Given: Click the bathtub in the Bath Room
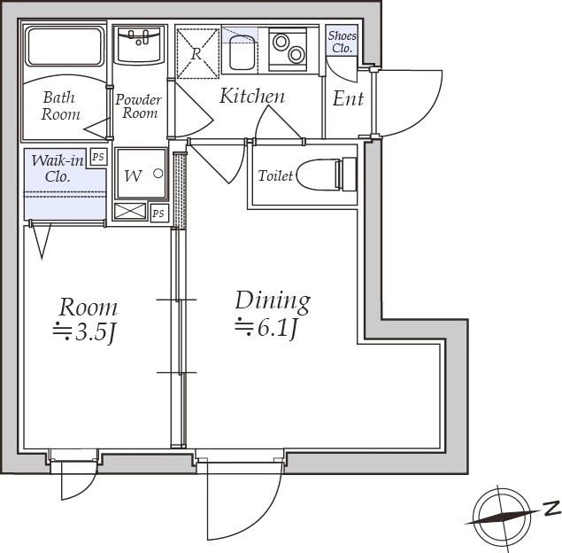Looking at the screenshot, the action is coord(65,47).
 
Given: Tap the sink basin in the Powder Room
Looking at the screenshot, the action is coord(139,45).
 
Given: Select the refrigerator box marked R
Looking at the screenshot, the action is coord(197,53).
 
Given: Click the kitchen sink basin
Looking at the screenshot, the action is coord(243,51).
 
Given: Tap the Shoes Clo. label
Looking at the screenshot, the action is coord(343,42).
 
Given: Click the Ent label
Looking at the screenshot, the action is coord(348,98).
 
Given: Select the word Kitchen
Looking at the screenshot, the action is coord(252,96).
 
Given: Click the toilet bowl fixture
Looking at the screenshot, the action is coord(327,175).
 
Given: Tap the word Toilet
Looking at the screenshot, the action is coord(275,175).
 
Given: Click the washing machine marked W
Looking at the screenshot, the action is coord(142,174).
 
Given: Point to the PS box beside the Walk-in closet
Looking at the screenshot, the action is coord(98,157).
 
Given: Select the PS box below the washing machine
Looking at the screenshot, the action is coord(158,214).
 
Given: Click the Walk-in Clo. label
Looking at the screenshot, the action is coord(58,168).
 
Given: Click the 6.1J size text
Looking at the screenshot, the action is coord(266,328).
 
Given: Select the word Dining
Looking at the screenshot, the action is coord(273,300).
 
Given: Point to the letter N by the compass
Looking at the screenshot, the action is coord(552,509).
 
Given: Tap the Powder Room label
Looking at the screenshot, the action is coord(138,106).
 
